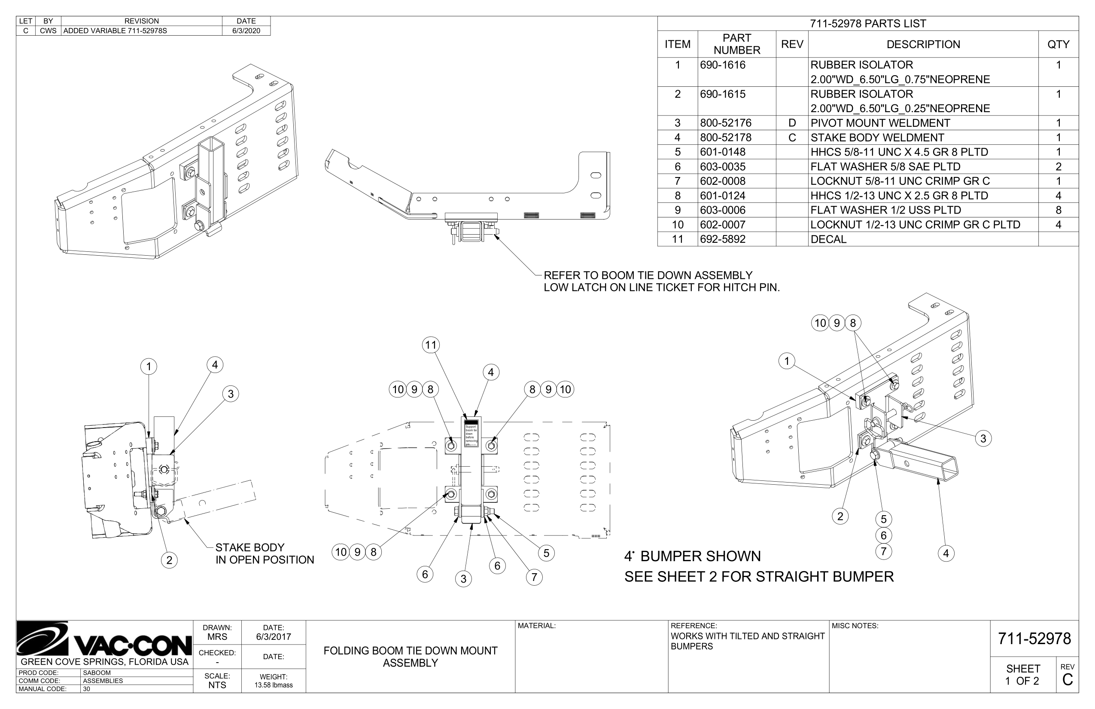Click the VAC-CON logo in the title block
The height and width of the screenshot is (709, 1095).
(x=104, y=640)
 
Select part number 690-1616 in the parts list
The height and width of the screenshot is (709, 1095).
(x=722, y=65)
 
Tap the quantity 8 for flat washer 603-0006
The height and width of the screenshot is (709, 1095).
(x=1058, y=210)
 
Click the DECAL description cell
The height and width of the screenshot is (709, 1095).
(x=828, y=239)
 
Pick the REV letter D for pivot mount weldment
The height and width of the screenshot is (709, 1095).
(x=792, y=123)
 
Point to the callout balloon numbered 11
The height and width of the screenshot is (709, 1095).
(x=431, y=345)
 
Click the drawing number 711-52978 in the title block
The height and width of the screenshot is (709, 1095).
(x=1034, y=639)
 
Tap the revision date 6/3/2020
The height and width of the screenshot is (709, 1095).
(x=246, y=31)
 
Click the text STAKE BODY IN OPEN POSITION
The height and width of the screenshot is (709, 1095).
(x=265, y=553)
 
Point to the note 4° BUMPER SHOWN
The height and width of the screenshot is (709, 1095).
(x=692, y=556)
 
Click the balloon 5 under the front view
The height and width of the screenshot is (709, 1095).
(x=546, y=553)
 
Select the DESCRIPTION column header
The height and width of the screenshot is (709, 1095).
(x=923, y=44)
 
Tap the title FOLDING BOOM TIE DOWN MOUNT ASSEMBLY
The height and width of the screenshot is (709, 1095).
(x=411, y=657)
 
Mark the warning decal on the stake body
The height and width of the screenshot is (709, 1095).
(x=471, y=433)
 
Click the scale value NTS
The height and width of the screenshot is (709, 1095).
(x=217, y=685)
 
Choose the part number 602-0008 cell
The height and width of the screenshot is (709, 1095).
(x=722, y=181)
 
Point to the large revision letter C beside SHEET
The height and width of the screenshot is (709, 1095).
(x=1068, y=679)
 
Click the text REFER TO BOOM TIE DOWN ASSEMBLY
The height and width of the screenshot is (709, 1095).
(x=648, y=275)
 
